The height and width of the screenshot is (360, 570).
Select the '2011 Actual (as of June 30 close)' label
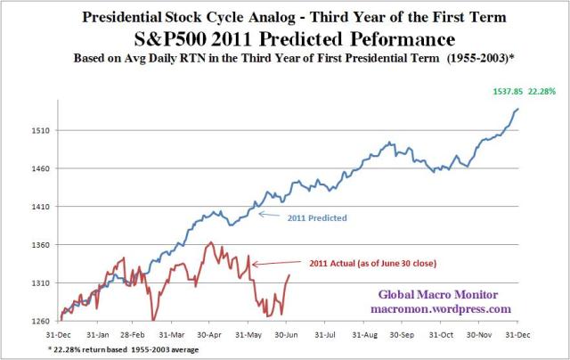coord(342,264)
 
